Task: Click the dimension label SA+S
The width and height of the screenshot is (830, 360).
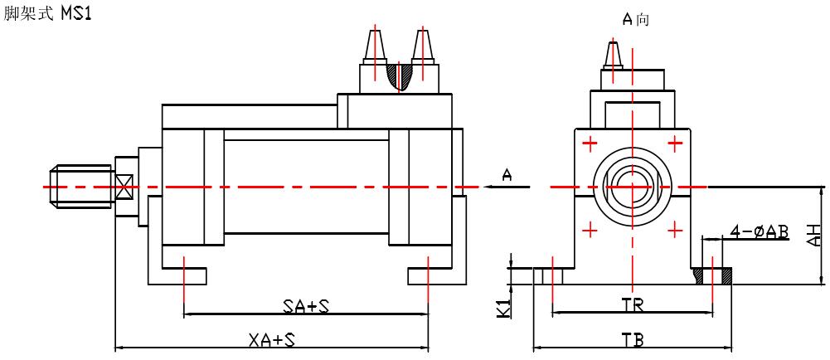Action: click(306, 307)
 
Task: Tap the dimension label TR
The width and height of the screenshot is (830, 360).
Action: click(633, 304)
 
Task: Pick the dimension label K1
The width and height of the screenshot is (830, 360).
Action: click(502, 307)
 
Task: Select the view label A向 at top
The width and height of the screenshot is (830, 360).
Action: click(636, 18)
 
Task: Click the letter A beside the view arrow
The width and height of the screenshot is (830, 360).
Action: click(507, 173)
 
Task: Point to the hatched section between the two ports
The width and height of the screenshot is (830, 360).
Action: click(400, 76)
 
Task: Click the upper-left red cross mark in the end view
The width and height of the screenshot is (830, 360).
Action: click(590, 144)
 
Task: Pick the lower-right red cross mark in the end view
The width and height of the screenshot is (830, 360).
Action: click(676, 229)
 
